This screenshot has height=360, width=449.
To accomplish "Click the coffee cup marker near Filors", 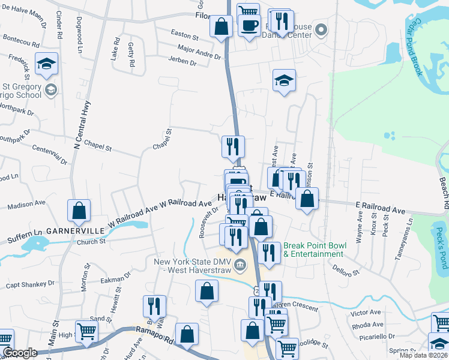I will [249, 25].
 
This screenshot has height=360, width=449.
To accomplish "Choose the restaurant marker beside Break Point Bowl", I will [269, 252].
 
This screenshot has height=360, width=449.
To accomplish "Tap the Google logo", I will [20, 353].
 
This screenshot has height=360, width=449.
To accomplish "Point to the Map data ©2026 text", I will [423, 355].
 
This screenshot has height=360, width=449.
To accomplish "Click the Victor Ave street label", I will [366, 313].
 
